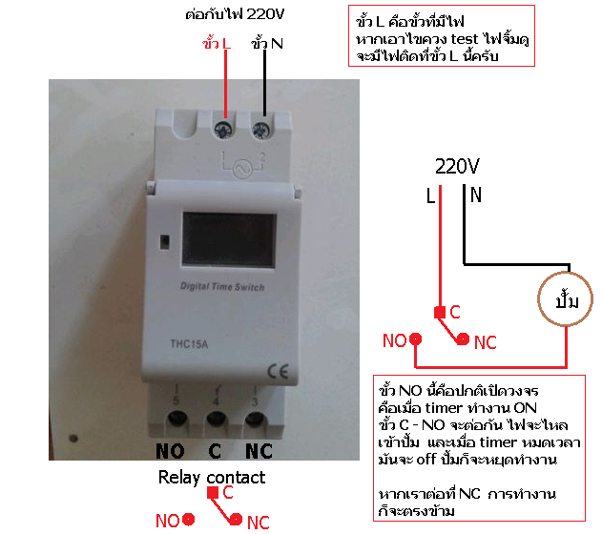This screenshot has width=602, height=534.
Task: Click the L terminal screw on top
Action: pyautogui.click(x=224, y=130)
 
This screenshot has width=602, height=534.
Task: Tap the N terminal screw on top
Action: pyautogui.click(x=261, y=131)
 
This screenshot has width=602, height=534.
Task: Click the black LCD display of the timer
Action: pyautogui.click(x=229, y=240)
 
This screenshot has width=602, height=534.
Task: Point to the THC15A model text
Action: pyautogui.click(x=189, y=344)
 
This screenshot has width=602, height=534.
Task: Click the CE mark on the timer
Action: pyautogui.click(x=278, y=371)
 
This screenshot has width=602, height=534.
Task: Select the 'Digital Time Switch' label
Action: pyautogui.click(x=222, y=287)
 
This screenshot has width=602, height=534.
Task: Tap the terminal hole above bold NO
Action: pyautogui.click(x=177, y=419)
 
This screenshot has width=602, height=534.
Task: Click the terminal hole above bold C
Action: pyautogui.click(x=217, y=419)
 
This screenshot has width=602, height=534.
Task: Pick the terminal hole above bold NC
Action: pyautogui.click(x=255, y=419)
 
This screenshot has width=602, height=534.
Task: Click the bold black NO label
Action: pyautogui.click(x=170, y=451)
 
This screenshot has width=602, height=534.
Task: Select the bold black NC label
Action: pyautogui.click(x=259, y=451)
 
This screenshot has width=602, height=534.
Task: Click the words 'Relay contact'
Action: pyautogui.click(x=212, y=478)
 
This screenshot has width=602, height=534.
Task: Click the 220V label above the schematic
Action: pyautogui.click(x=457, y=167)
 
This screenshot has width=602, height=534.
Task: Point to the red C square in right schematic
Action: pyautogui.click(x=440, y=313)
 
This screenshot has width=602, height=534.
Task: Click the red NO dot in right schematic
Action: pyautogui.click(x=415, y=339)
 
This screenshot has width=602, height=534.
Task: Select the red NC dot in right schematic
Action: pyautogui.click(x=463, y=339)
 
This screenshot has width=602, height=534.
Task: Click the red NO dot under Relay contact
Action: pyautogui.click(x=188, y=520)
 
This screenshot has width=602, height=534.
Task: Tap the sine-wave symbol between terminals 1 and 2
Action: pyautogui.click(x=243, y=170)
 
